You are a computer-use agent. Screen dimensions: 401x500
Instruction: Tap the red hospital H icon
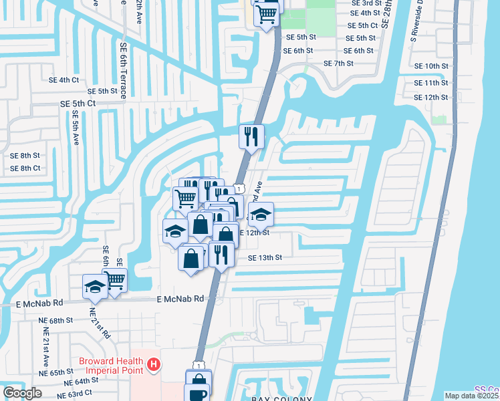tap(154, 364)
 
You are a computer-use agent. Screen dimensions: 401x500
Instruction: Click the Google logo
tap(22, 393)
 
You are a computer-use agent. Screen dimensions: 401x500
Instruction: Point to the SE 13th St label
tap(265, 257)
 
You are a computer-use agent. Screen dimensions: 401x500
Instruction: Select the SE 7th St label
tap(338, 63)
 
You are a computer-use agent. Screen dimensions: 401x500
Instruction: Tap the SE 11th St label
tap(431, 83)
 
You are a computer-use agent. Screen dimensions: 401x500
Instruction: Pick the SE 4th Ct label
tap(64, 80)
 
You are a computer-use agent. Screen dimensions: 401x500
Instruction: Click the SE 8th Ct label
tap(25, 168)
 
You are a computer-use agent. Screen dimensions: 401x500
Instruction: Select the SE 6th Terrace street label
tap(123, 71)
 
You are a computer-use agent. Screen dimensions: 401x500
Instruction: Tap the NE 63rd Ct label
tap(75, 394)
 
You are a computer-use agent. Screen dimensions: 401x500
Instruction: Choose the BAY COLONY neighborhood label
tap(284, 398)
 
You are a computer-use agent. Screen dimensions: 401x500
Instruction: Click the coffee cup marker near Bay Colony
tap(199, 394)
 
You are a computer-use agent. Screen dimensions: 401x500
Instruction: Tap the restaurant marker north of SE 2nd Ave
tap(252, 137)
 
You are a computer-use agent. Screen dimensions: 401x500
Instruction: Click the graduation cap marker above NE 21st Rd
tap(95, 287)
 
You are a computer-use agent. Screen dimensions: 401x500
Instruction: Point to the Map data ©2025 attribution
tap(471, 396)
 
